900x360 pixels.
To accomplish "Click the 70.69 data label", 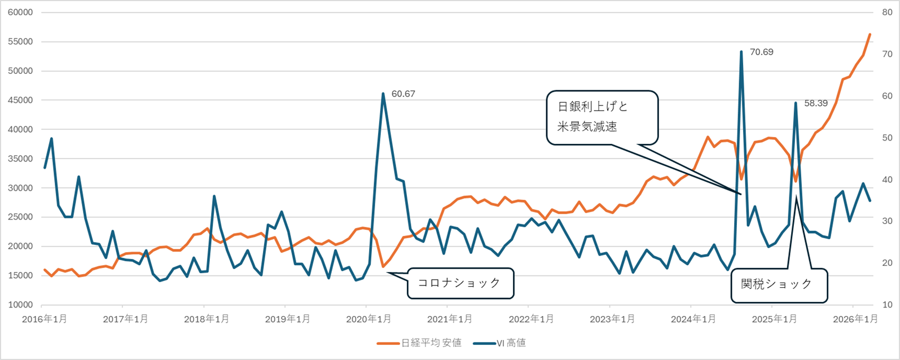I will click(761, 52).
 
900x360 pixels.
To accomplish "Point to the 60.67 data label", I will click(403, 94).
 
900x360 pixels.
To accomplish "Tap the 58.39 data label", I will click(815, 103).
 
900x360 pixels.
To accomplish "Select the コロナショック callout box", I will click(459, 283).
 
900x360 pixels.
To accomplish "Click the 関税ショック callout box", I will click(779, 284).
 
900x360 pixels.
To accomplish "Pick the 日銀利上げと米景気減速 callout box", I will click(602, 117).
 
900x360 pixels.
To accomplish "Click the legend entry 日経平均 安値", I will click(420, 343).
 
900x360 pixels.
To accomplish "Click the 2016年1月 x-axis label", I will click(45, 319).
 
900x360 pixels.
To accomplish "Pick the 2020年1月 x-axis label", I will click(368, 319).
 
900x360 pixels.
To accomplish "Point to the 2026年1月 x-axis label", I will click(855, 319).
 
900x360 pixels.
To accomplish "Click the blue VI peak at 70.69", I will click(741, 52).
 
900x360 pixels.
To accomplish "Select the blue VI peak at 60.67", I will click(383, 94).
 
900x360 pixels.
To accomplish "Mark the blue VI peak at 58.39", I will click(795, 103).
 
